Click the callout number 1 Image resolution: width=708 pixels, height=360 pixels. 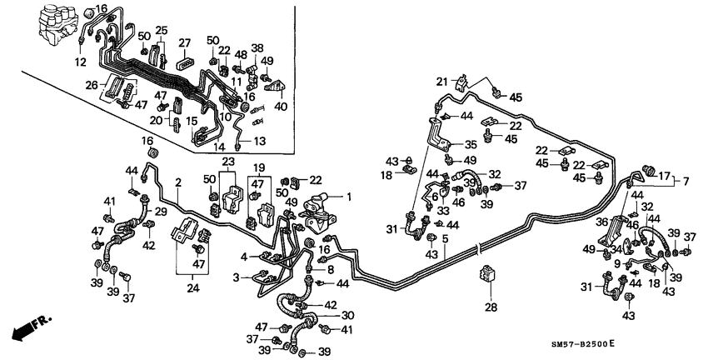point(350,197)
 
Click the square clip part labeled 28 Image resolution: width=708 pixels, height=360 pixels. point(487,275)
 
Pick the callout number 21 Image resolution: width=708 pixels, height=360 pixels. point(442,80)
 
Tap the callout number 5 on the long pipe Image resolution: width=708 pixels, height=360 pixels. point(445,238)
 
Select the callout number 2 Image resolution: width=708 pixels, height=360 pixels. point(177,182)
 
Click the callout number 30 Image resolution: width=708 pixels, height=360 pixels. point(348,315)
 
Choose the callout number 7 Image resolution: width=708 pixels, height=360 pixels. point(686,181)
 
